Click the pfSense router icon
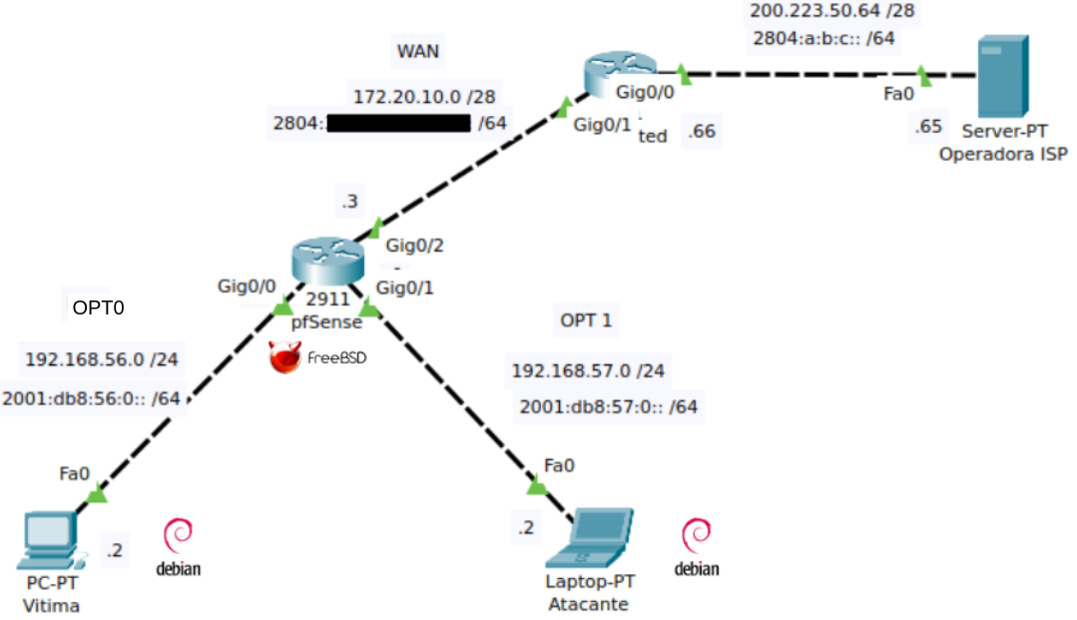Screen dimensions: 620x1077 [327, 262]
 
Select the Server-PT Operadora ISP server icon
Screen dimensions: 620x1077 [1002, 76]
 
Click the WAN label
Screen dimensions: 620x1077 [418, 51]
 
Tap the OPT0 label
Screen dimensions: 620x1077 [98, 308]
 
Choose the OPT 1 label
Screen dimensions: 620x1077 [587, 320]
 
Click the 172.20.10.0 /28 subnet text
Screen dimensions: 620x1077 [425, 96]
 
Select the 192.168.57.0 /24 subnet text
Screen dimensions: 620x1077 [588, 371]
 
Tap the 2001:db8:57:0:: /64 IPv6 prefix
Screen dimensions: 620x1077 [608, 406]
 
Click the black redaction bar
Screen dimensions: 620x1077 [398, 124]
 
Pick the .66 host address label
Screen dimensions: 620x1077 [702, 132]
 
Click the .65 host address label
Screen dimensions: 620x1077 [927, 127]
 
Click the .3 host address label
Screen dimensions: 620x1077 [349, 201]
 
